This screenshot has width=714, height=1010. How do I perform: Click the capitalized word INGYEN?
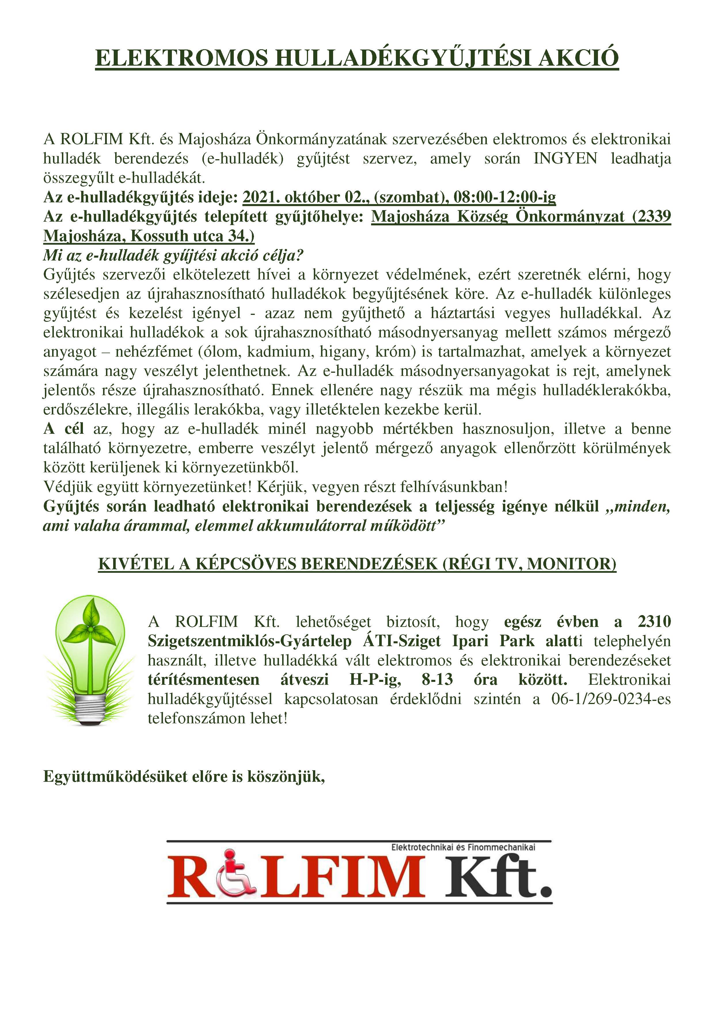565,158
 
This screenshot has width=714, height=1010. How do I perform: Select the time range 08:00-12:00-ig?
505,197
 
